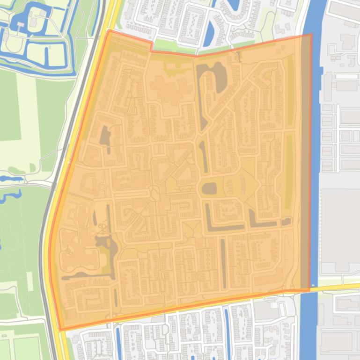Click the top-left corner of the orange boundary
(109, 31)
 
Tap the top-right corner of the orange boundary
(311, 35)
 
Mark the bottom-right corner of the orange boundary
(309, 290)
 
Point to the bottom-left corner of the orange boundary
(60, 330)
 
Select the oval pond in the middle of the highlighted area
(209, 188)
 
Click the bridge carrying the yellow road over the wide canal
(309, 288)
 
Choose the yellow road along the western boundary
(75, 140)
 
